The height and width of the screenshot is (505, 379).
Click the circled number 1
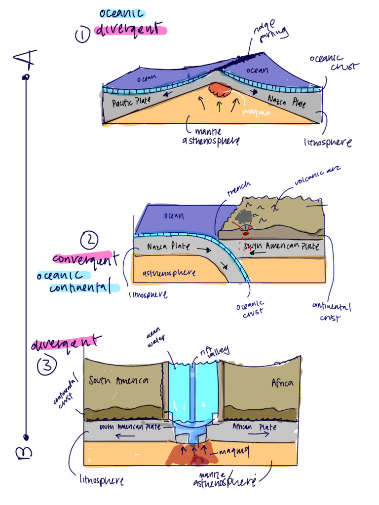click(x=82, y=36)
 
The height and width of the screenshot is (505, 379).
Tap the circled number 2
click(x=89, y=240)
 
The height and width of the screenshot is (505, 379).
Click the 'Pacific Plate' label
click(x=131, y=103)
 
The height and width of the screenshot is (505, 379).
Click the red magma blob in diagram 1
click(x=219, y=90)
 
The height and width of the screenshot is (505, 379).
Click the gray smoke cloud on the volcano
click(x=243, y=216)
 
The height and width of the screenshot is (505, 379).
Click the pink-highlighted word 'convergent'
click(x=84, y=258)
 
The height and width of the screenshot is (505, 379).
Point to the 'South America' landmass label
click(x=118, y=381)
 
